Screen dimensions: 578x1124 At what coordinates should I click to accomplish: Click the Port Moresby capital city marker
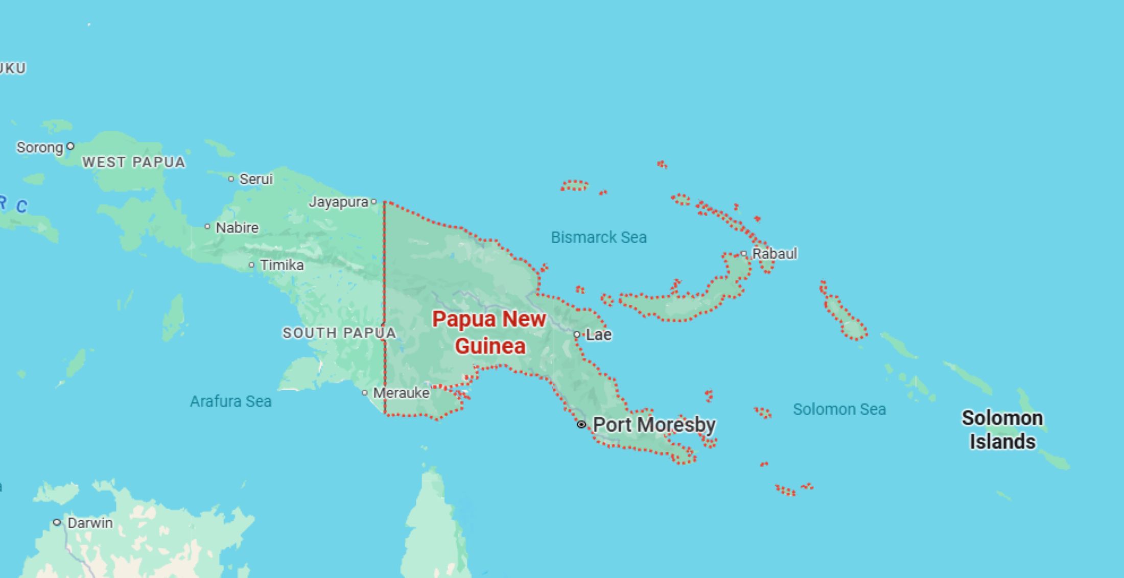click(581, 424)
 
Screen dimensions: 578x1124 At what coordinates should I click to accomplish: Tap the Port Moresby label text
click(654, 424)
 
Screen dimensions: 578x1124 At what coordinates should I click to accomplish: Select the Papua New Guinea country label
click(489, 332)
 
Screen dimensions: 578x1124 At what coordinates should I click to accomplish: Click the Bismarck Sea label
click(598, 237)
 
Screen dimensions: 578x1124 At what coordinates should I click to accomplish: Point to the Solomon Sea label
click(839, 409)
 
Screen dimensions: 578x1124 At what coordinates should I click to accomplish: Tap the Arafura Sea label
click(230, 401)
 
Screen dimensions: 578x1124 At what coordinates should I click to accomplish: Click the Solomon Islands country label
click(1002, 429)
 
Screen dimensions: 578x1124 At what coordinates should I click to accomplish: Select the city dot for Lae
click(577, 335)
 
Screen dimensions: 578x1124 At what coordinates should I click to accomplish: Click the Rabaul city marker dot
click(744, 253)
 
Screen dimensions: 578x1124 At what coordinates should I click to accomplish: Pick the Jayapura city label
click(338, 202)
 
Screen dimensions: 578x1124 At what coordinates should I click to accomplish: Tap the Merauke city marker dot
click(365, 393)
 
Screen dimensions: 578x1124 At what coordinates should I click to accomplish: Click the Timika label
click(282, 265)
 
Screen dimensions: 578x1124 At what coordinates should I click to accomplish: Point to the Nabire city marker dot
click(207, 226)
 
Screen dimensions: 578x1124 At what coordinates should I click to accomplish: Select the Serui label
click(256, 179)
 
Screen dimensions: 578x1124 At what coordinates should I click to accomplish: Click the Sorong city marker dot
click(71, 147)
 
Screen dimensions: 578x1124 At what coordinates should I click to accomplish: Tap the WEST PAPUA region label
click(133, 162)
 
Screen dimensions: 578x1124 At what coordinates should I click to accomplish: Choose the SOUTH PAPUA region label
click(339, 333)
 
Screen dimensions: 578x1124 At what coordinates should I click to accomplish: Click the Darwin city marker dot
click(57, 522)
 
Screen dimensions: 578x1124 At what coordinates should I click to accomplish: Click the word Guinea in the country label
click(490, 346)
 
